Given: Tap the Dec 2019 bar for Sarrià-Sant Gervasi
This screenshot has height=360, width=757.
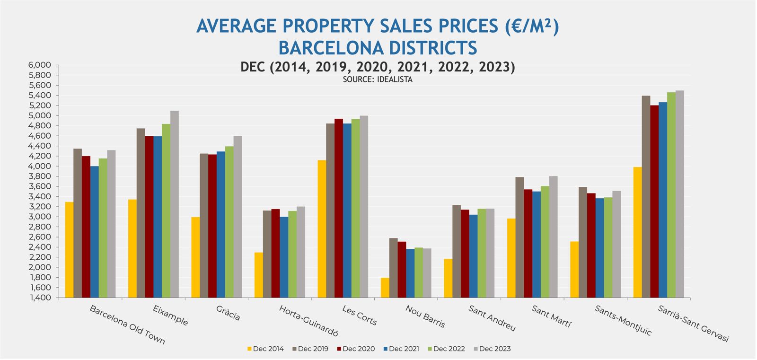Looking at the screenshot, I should click(646, 197).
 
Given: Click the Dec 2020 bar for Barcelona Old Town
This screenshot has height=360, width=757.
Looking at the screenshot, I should click(86, 227).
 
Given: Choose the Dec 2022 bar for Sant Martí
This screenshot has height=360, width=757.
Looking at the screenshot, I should click(545, 242).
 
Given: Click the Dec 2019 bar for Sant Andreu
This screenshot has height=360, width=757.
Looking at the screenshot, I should click(457, 251).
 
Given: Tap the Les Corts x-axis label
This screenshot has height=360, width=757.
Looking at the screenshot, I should click(360, 316).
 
